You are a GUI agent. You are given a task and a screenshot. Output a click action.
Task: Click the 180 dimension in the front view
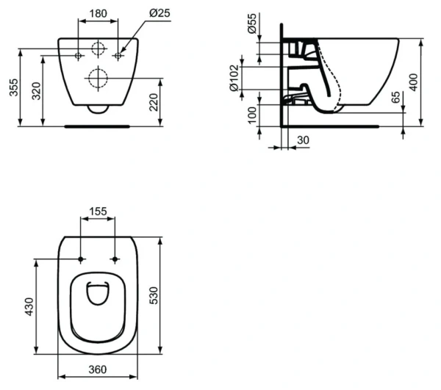(x=100, y=12)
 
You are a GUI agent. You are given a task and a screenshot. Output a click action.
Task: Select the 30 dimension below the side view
(x=301, y=140)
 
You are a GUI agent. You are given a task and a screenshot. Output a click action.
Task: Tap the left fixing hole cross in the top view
(x=79, y=259)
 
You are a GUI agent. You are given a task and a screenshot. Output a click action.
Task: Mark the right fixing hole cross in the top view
(x=115, y=259)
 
